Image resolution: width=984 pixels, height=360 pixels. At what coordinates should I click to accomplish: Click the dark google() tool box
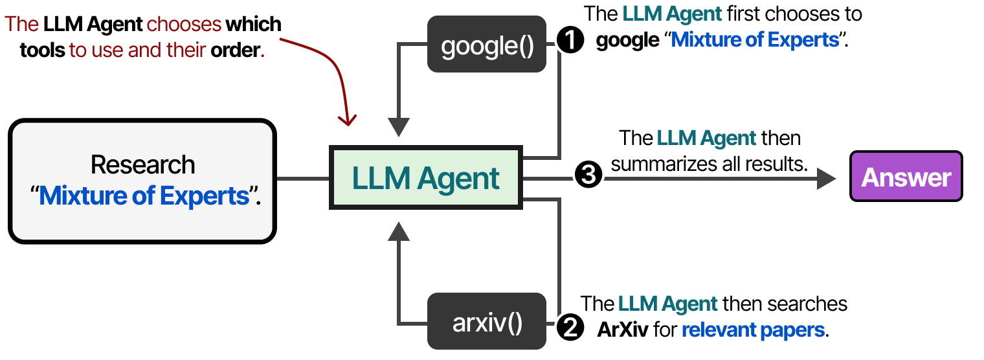[487, 45]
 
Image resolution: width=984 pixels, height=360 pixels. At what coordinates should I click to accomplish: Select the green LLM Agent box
[426, 178]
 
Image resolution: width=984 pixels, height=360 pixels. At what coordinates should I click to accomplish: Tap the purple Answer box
[906, 177]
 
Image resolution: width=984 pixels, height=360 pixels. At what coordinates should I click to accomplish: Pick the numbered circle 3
[588, 175]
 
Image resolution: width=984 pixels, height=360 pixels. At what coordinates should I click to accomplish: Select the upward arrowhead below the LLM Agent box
[400, 229]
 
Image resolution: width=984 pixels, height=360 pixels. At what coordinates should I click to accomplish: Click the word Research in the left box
[142, 164]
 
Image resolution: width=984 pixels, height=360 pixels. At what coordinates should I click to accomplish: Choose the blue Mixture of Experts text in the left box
[144, 195]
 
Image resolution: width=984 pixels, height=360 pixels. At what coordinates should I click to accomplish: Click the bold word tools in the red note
[43, 51]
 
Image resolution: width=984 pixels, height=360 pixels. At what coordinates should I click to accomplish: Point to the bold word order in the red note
[236, 51]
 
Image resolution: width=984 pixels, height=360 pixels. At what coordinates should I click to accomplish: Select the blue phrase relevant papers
[754, 330]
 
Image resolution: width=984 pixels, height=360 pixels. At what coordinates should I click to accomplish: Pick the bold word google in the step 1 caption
[627, 40]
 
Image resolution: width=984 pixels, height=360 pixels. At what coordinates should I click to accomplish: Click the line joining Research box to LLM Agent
[303, 178]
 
